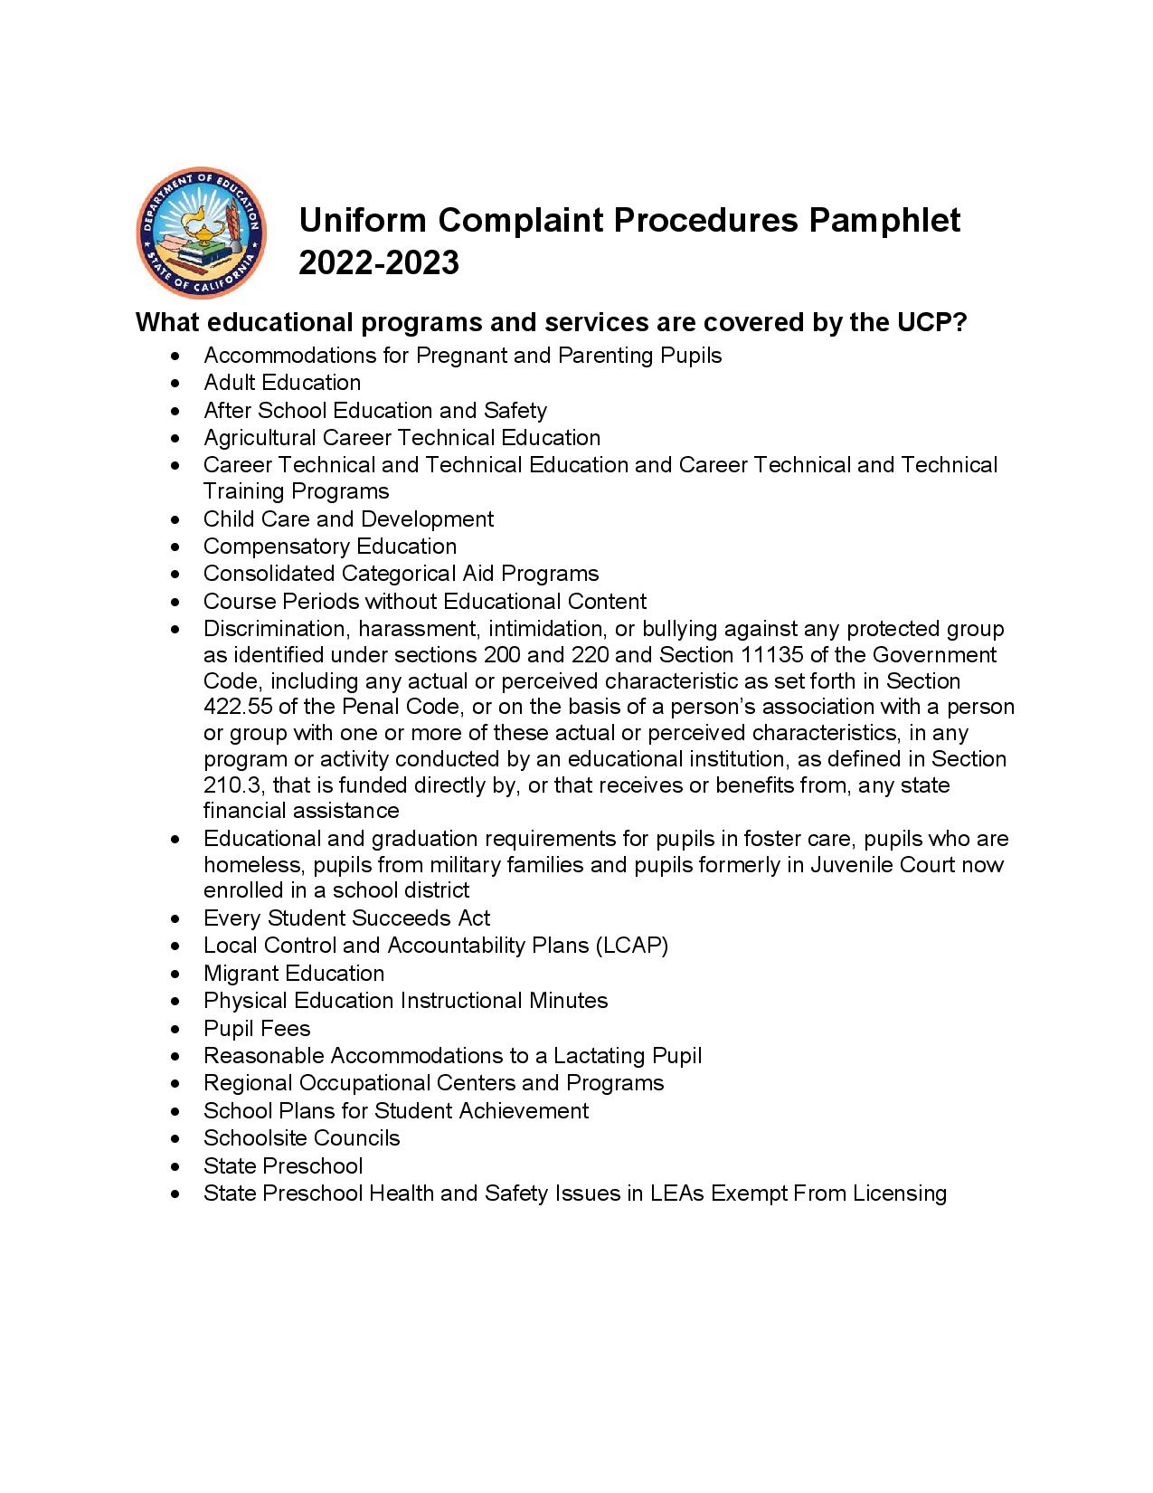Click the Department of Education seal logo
point(201,232)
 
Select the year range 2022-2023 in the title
point(379,263)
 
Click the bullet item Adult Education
point(282,383)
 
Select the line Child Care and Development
point(348,519)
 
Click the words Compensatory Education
point(330,547)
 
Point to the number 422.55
point(237,707)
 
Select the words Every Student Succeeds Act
point(346,918)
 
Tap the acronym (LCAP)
point(631,946)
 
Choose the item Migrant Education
point(294,974)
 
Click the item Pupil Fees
point(257,1029)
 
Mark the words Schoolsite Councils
point(301,1138)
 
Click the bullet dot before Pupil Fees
point(175,1030)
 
